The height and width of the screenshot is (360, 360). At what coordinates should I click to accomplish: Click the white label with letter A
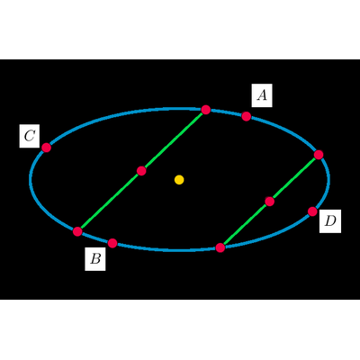[262, 95]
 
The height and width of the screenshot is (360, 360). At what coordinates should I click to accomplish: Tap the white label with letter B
[95, 259]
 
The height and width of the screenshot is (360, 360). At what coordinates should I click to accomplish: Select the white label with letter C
[30, 136]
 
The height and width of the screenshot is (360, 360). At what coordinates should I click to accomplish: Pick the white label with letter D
[330, 221]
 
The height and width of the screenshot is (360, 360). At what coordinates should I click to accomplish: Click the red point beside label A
[247, 116]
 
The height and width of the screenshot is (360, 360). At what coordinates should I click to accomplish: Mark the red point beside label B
[112, 243]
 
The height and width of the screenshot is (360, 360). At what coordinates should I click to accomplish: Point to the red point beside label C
[46, 148]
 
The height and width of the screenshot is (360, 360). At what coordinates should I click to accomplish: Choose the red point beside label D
[312, 211]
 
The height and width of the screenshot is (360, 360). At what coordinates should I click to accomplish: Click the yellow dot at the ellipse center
[179, 180]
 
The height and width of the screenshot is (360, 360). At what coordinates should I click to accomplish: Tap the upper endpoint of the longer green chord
[206, 110]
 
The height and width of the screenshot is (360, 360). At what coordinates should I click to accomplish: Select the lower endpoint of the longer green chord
[77, 231]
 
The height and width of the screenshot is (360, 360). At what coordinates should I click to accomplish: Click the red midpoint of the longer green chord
[141, 171]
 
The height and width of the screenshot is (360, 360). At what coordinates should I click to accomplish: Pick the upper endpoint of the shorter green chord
[319, 155]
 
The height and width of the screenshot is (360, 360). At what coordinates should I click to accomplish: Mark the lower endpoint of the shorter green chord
[220, 247]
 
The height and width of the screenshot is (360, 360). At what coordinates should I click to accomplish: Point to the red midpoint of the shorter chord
[270, 202]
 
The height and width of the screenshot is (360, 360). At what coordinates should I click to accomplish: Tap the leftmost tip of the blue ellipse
[30, 179]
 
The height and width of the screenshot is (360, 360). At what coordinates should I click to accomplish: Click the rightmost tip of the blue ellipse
[329, 179]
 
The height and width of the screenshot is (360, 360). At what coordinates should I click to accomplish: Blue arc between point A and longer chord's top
[226, 112]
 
